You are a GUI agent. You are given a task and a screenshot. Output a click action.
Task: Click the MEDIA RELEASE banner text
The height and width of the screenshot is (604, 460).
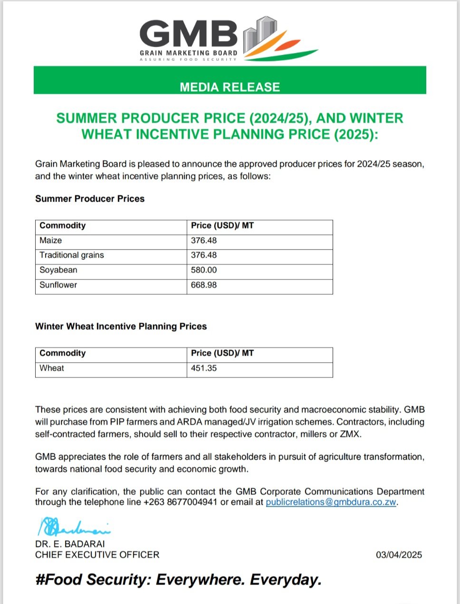tap(230, 87)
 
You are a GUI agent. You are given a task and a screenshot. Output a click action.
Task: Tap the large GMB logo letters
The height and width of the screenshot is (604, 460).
tap(189, 34)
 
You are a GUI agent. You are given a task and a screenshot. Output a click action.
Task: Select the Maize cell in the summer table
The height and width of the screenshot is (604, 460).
tap(51, 240)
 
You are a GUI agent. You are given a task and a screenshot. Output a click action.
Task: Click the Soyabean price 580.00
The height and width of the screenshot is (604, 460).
tap(204, 270)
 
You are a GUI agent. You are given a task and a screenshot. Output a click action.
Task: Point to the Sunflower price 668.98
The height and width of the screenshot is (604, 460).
tap(204, 285)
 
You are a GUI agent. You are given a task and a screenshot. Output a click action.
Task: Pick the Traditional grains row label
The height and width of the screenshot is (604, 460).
tap(72, 255)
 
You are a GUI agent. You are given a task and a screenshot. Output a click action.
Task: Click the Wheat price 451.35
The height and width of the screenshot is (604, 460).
tap(204, 368)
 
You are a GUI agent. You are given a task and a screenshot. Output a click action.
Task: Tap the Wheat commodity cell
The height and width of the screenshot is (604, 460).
tap(52, 368)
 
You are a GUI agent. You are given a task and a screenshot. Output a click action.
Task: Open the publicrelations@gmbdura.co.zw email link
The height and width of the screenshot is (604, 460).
tap(331, 502)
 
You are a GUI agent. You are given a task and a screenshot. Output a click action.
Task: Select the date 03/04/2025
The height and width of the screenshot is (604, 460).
tap(399, 555)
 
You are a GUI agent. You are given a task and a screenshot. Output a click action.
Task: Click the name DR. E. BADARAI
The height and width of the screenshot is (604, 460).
tap(70, 544)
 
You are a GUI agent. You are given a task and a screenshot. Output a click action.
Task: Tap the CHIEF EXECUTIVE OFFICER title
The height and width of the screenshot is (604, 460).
tap(97, 555)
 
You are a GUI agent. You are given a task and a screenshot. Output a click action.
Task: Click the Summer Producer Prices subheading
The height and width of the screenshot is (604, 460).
tap(90, 199)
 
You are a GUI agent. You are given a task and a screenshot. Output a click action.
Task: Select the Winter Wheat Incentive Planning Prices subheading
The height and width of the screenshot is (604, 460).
tap(121, 326)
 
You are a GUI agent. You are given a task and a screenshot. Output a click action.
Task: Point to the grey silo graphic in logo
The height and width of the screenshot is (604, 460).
tap(259, 34)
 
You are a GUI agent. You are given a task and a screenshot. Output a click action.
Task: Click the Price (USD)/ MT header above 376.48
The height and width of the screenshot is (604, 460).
tap(222, 226)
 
